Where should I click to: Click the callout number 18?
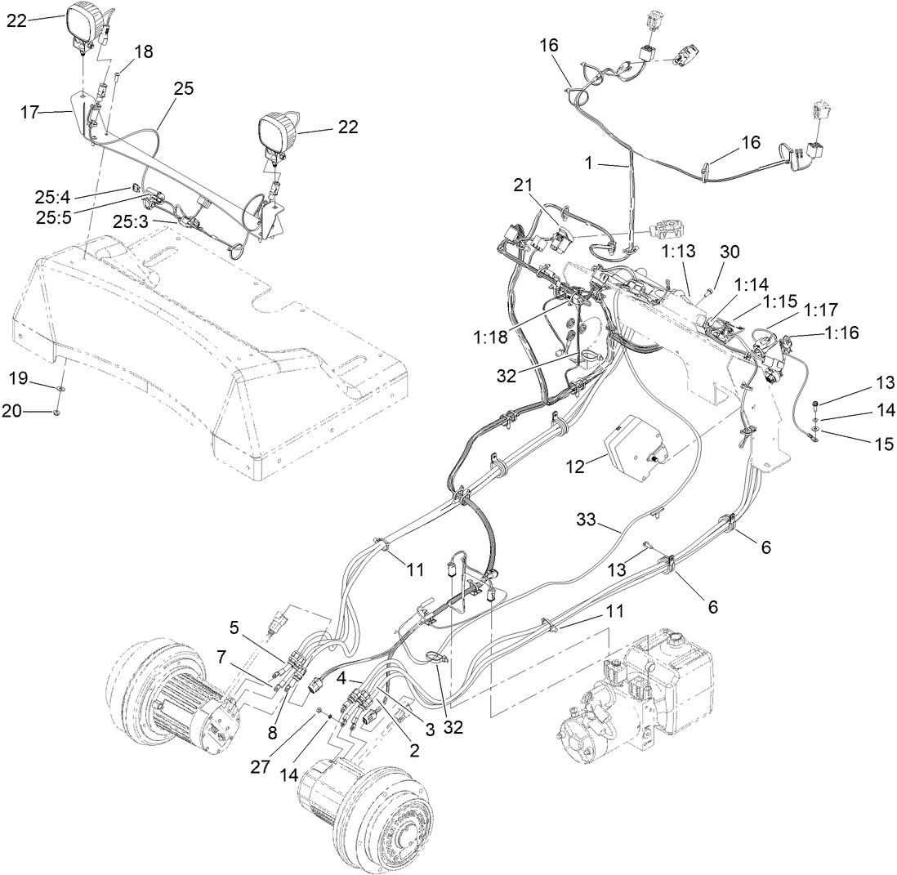144,51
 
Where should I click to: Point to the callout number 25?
184,89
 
